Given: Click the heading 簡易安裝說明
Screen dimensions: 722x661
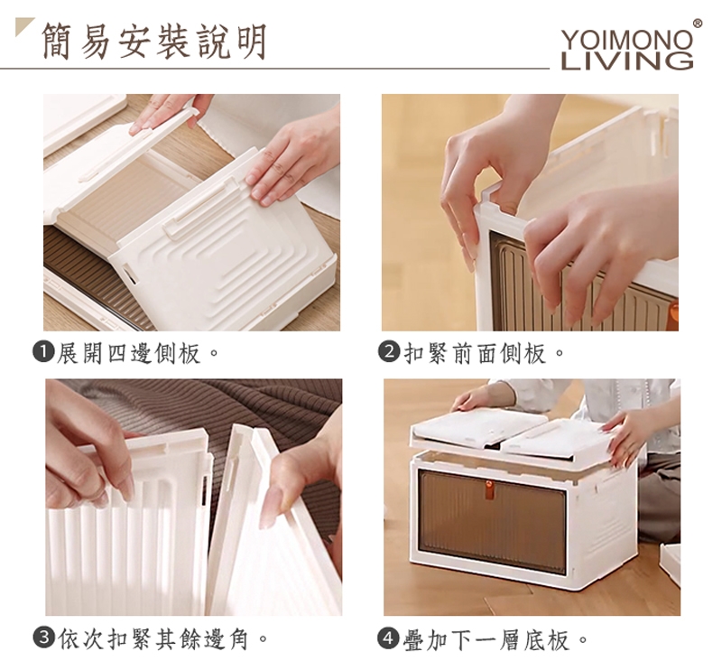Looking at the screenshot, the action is [154, 42].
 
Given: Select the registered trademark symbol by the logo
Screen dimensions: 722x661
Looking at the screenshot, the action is [698, 24].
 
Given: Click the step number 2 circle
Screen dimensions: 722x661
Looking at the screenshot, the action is [389, 353].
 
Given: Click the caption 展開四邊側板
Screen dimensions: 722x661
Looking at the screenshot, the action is [128, 353].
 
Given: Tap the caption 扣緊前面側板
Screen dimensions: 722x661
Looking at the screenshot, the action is [475, 353].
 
